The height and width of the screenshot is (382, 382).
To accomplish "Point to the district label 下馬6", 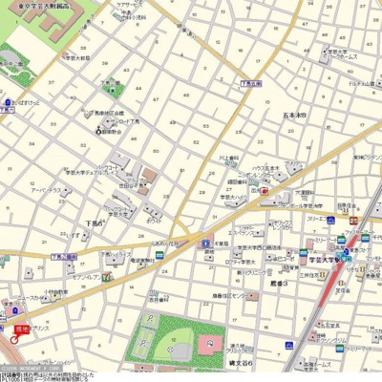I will coord(94,223).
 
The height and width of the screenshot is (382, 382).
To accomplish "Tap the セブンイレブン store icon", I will coord(107,277).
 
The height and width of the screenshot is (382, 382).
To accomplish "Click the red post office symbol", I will coord(264,190).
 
